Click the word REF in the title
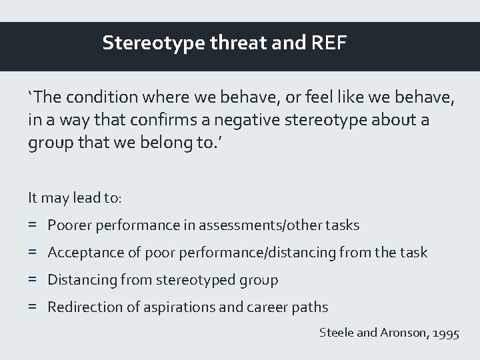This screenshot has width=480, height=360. pyautogui.click(x=327, y=44)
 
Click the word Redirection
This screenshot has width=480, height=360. pyautogui.click(x=81, y=307)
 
